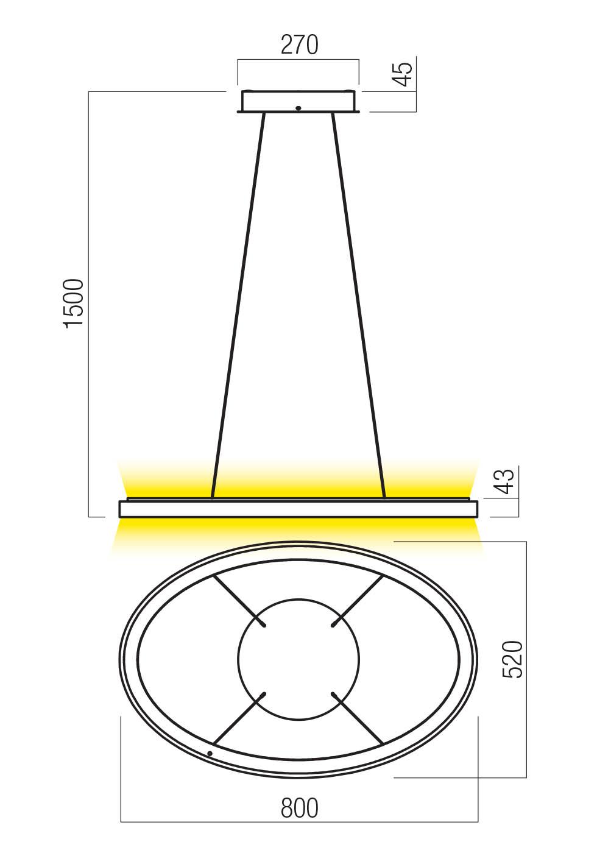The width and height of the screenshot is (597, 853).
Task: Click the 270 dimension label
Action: [x=299, y=44]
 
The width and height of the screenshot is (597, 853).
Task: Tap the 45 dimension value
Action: [x=404, y=74]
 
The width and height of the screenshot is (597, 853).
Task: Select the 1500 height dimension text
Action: [x=74, y=303]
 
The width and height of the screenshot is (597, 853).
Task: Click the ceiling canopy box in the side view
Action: [x=298, y=102]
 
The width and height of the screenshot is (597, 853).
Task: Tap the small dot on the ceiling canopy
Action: [x=298, y=108]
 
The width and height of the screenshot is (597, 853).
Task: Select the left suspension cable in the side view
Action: [x=238, y=306]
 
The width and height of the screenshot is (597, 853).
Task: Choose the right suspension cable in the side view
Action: [x=358, y=306]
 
